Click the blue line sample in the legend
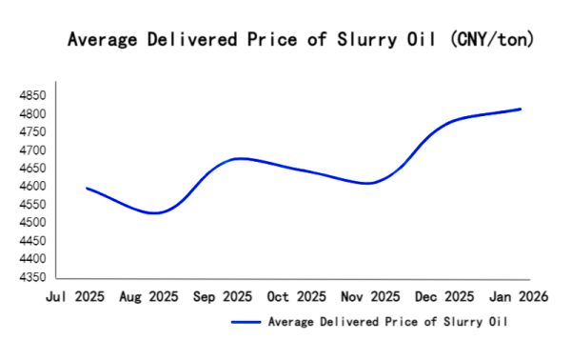coord(246,322)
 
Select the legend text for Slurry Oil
coord(388,322)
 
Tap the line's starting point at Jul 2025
coord(87,188)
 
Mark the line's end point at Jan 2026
coord(521,109)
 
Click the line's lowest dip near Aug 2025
coord(154,213)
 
